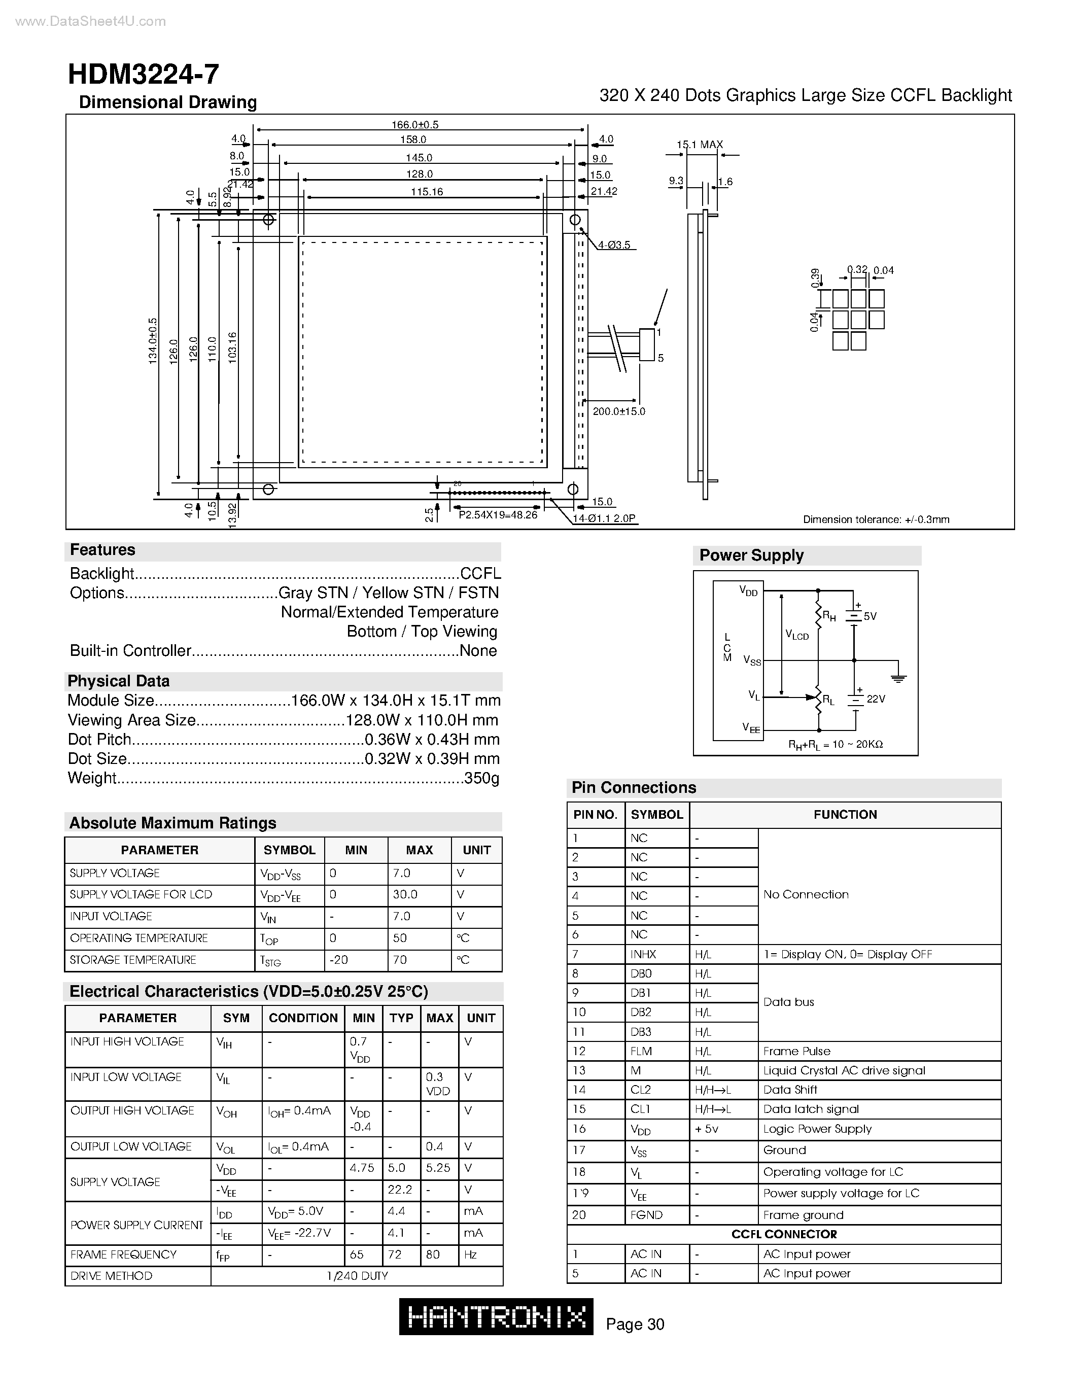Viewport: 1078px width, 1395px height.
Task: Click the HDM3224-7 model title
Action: click(x=143, y=75)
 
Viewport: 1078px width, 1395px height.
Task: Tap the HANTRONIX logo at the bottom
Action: click(x=496, y=1316)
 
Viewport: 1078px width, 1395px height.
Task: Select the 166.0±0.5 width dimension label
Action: click(x=414, y=125)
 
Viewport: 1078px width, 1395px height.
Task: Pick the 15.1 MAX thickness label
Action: click(x=700, y=145)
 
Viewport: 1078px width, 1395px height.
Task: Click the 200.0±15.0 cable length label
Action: click(x=619, y=411)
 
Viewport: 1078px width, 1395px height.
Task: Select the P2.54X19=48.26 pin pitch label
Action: click(x=498, y=515)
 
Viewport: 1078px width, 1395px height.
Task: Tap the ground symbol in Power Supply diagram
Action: click(x=898, y=678)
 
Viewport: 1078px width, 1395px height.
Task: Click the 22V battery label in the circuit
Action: click(x=876, y=700)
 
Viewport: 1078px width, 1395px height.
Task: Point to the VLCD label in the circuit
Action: click(x=797, y=635)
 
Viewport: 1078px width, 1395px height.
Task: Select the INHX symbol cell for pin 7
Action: click(x=643, y=954)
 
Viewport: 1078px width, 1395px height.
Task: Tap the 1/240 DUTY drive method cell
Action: click(x=357, y=1276)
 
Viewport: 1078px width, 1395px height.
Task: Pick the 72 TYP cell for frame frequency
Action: click(x=395, y=1254)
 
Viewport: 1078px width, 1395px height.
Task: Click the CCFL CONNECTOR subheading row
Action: click(x=784, y=1234)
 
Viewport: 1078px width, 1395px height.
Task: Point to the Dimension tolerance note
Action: click(x=876, y=519)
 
